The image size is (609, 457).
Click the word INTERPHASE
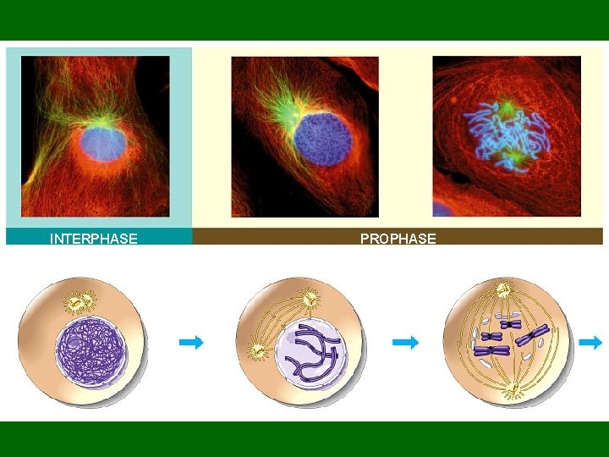pyautogui.click(x=93, y=239)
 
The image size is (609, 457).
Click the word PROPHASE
pyautogui.click(x=398, y=239)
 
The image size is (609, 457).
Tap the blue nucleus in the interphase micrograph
pyautogui.click(x=104, y=143)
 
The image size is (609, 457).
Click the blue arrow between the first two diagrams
pyautogui.click(x=192, y=342)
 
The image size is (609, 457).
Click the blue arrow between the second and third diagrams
pyautogui.click(x=406, y=342)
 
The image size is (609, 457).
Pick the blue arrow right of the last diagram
pyautogui.click(x=591, y=342)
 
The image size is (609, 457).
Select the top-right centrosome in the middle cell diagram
pyautogui.click(x=310, y=297)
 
